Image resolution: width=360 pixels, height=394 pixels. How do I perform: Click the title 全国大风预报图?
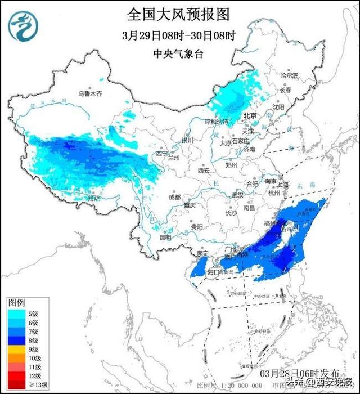pos(179,14)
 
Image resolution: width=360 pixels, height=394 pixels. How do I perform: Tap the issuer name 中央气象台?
pos(179,54)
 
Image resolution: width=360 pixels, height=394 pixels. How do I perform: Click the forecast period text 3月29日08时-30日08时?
pos(179,35)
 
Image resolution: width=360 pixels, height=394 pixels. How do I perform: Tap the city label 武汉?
pos(238,195)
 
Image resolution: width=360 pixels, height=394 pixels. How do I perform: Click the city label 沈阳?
pos(278,106)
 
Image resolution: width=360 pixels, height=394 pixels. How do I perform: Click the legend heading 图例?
pos(15,302)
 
